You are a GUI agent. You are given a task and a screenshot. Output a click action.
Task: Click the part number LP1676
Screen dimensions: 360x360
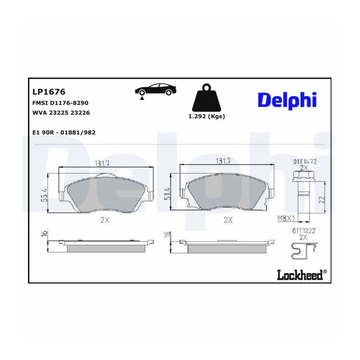[49, 92]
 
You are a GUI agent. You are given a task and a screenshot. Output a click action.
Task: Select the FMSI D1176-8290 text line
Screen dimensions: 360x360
[60, 103]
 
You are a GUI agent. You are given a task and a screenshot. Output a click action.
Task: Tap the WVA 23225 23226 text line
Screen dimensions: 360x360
[61, 113]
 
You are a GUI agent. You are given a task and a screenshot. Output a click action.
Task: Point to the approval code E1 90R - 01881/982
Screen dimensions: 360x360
[64, 132]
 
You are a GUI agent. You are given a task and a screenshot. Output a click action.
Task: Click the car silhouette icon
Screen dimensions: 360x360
[156, 90]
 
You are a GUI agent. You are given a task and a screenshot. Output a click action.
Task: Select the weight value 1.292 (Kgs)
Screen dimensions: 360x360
[207, 116]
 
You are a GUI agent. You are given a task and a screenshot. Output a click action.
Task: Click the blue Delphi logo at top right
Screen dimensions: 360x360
[287, 100]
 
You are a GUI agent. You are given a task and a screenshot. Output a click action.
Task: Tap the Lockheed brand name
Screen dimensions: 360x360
[300, 274]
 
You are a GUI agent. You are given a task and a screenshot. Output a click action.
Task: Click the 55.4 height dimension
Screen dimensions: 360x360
[44, 195]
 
